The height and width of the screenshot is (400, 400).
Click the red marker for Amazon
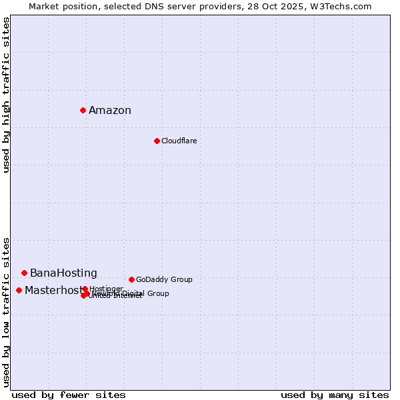(83, 110)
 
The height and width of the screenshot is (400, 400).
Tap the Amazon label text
(110, 111)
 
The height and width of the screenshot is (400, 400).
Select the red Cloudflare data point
(157, 141)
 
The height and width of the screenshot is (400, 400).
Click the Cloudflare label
(179, 141)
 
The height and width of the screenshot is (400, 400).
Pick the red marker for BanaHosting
(24, 273)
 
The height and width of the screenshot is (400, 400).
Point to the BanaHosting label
(63, 273)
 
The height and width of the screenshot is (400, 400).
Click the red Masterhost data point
(19, 290)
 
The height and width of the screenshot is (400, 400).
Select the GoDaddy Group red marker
(131, 279)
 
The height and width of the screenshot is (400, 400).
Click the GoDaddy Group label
(164, 279)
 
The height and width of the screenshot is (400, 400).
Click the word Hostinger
(106, 289)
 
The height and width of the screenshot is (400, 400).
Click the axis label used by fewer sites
(69, 395)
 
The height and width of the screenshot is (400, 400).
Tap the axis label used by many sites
(335, 395)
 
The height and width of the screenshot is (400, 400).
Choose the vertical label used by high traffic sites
(6, 95)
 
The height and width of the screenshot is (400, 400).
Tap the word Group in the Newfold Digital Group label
(158, 293)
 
